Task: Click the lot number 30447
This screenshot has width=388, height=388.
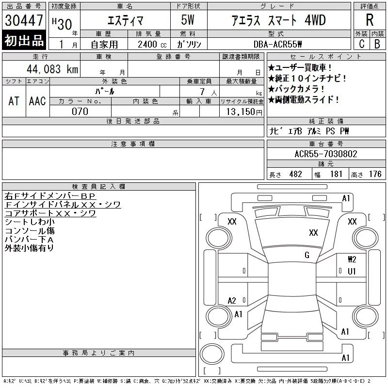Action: (x=24, y=20)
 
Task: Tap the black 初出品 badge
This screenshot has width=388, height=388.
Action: (x=24, y=40)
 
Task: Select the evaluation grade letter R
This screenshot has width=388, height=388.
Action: (x=370, y=20)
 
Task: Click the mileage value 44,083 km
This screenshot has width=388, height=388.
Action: (x=52, y=69)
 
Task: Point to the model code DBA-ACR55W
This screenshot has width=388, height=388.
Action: (x=277, y=44)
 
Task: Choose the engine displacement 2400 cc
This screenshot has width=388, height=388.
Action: (x=152, y=45)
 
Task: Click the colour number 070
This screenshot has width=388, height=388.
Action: (x=80, y=112)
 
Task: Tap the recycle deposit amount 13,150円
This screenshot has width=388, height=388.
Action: (x=244, y=112)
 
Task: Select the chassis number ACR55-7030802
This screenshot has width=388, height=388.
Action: (x=326, y=154)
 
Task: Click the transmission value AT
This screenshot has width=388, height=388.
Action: (x=14, y=101)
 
